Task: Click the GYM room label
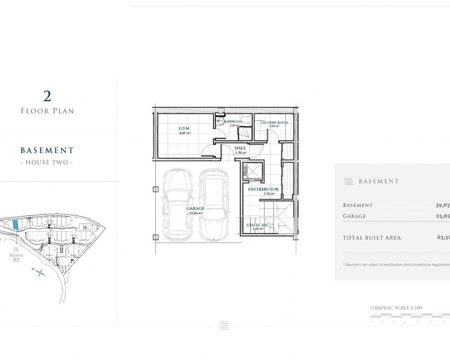(x=184, y=128)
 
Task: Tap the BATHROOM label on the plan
(x=233, y=121)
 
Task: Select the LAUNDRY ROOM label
(x=274, y=123)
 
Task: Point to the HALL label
(x=240, y=148)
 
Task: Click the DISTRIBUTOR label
(x=264, y=190)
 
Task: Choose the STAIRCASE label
(x=258, y=225)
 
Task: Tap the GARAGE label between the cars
(x=195, y=208)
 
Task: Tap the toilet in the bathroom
(x=219, y=120)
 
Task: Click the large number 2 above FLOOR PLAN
(x=47, y=94)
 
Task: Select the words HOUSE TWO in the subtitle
(x=47, y=162)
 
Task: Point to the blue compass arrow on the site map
(x=40, y=274)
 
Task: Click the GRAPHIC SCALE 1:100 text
(x=396, y=308)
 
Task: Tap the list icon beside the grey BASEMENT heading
(x=348, y=181)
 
